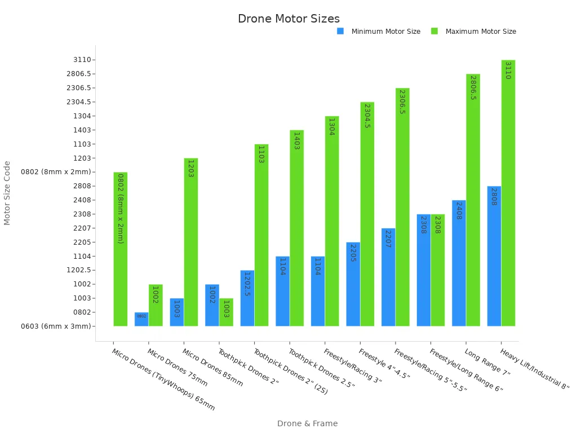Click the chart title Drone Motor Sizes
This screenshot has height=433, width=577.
(x=288, y=19)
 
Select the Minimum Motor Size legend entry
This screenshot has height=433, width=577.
(x=385, y=32)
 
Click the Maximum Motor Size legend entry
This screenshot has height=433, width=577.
(x=480, y=32)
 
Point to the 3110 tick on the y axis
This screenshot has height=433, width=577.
(x=82, y=60)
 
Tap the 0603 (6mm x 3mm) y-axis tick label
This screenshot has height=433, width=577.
(x=55, y=326)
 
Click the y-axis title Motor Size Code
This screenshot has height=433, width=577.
(x=7, y=193)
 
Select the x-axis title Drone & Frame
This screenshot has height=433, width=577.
(x=307, y=423)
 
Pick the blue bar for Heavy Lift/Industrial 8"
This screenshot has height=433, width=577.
(x=494, y=256)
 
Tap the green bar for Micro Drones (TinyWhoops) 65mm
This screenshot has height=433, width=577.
(x=121, y=249)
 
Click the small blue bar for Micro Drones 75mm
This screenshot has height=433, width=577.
(x=141, y=319)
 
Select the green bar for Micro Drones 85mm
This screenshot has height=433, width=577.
(x=191, y=242)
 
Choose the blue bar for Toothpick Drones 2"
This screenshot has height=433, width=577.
(x=212, y=305)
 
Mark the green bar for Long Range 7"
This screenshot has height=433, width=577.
(x=473, y=200)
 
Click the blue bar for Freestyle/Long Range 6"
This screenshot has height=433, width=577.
(x=424, y=270)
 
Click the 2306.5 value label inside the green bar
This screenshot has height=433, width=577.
(x=402, y=101)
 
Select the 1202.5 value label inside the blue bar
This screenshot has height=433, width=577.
(x=247, y=285)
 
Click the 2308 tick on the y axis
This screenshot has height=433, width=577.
(x=82, y=214)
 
